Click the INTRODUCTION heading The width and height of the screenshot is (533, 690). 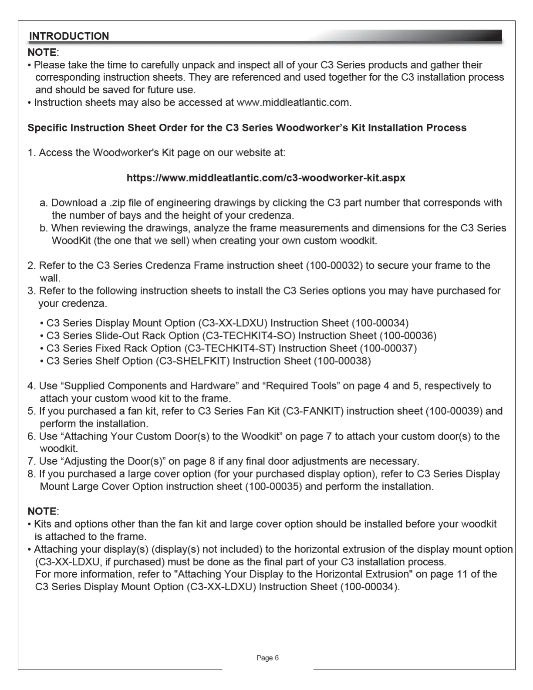point(69,36)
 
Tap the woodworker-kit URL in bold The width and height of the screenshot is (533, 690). point(266,178)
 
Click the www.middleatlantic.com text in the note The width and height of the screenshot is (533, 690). point(293,103)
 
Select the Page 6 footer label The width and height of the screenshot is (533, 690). point(267,658)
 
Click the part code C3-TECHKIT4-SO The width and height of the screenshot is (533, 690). point(250,336)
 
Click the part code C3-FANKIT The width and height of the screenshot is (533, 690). point(314,411)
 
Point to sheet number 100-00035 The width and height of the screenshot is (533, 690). point(273,487)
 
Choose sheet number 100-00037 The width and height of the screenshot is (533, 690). point(388,348)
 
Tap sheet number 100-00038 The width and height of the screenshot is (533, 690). point(342,361)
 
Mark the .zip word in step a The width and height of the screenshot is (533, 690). point(117,203)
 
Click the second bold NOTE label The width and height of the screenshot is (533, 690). point(42,511)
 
